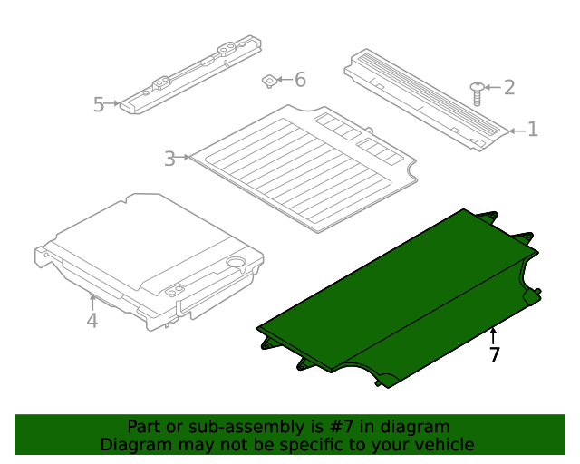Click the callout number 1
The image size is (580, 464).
click(533, 130)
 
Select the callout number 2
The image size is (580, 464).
click(509, 87)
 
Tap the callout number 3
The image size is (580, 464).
click(169, 159)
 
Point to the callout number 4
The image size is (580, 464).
click(92, 321)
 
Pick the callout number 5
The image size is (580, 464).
click(99, 105)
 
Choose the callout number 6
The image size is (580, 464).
click(300, 80)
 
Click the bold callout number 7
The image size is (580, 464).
click(494, 355)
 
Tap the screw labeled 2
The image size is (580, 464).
click(477, 92)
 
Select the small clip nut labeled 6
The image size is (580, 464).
click(270, 82)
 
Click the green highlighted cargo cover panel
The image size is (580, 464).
click(399, 299)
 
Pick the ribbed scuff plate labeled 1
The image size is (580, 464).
click(424, 96)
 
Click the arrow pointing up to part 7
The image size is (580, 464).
click(493, 335)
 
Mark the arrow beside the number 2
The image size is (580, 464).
click(492, 87)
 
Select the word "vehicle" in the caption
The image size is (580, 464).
click(443, 444)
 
